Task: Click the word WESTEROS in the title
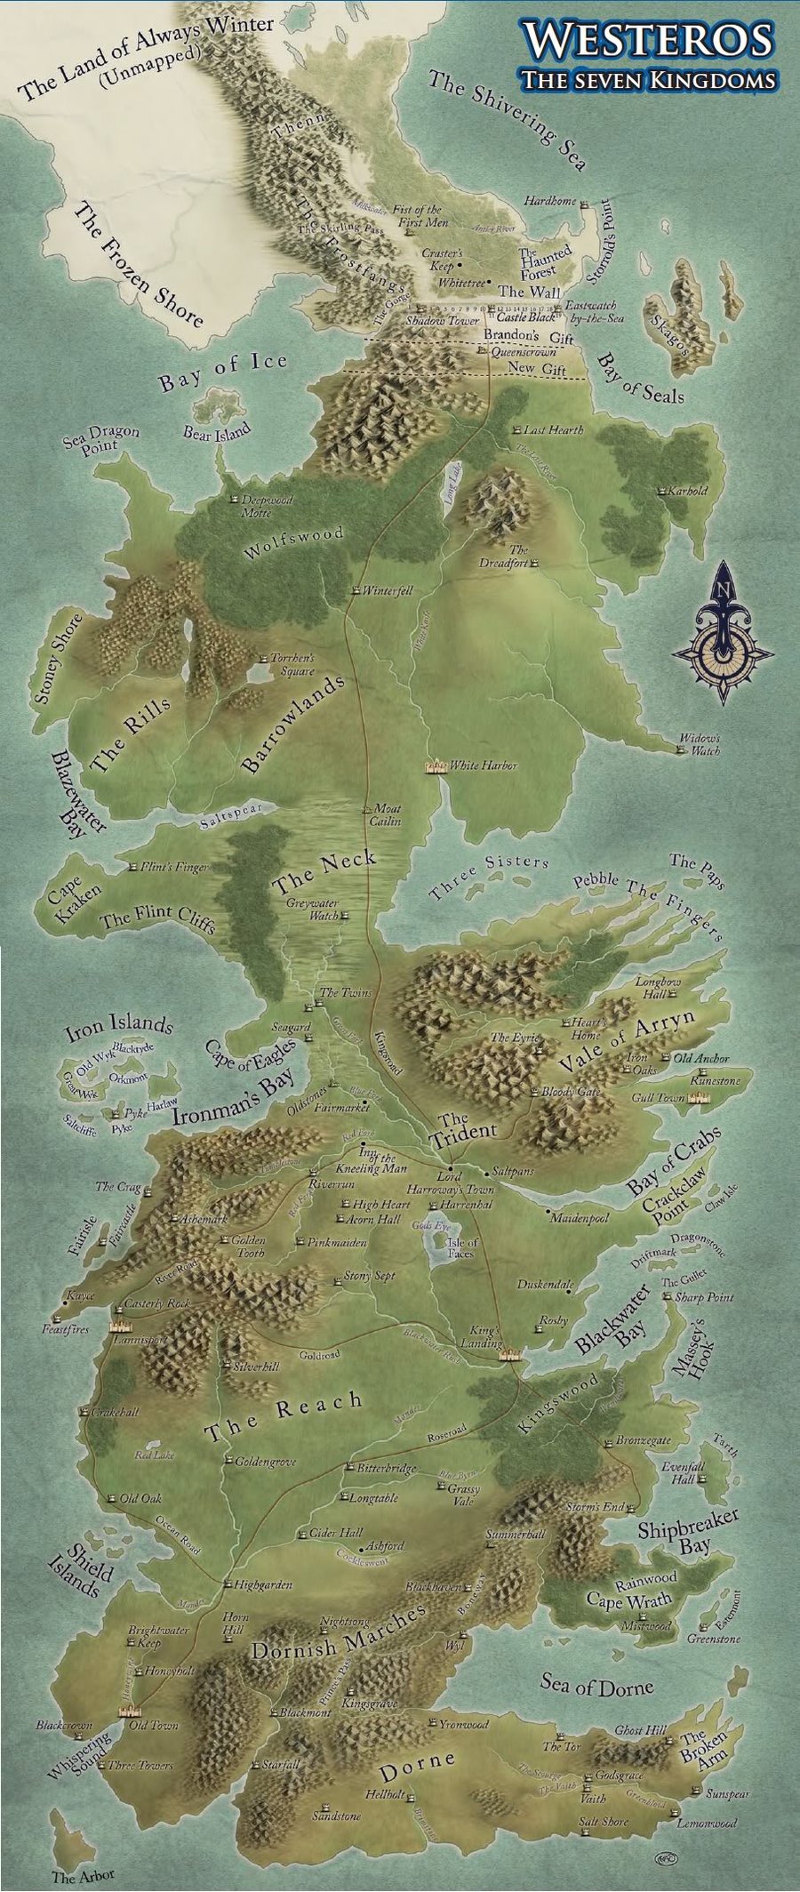647,41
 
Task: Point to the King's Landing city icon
509,1355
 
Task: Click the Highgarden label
262,1584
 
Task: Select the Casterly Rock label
158,1303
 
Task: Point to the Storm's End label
595,1506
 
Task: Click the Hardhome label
550,201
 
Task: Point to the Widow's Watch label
700,744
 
